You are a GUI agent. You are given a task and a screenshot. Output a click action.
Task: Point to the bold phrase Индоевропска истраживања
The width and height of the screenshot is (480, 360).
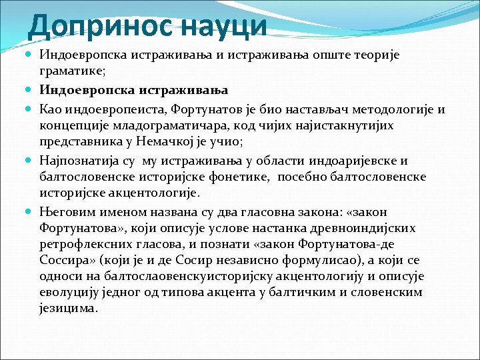click(134, 89)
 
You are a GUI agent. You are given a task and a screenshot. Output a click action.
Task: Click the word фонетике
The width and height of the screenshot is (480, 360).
click(247, 176)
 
